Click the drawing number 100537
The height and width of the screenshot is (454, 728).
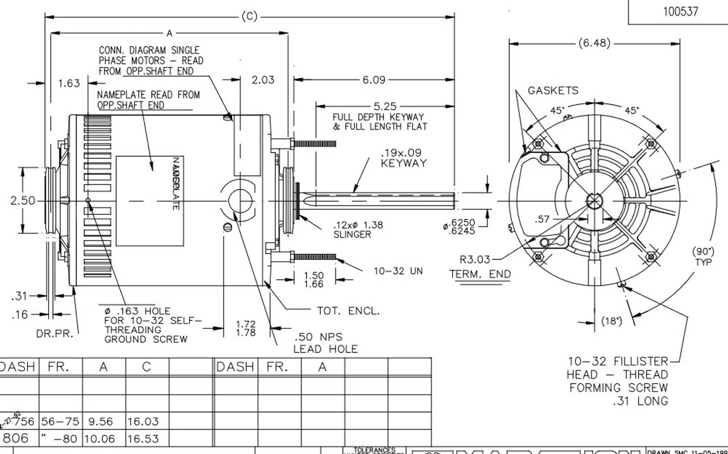[680, 11]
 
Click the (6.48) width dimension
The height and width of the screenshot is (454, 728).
[595, 43]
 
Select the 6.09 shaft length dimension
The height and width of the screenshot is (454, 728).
[374, 80]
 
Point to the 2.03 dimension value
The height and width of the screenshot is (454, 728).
[263, 80]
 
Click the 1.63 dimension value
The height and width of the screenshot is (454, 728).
[69, 84]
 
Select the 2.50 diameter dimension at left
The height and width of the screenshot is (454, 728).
[23, 201]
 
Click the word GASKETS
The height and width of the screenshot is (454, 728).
[553, 90]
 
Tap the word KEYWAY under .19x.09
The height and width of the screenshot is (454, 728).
[404, 164]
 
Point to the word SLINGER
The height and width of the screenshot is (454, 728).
[352, 234]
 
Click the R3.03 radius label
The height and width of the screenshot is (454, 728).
[475, 260]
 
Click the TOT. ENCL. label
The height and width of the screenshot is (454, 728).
[348, 311]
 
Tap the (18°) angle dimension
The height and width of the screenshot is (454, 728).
[611, 321]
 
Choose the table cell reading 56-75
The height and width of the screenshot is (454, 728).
[59, 422]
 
